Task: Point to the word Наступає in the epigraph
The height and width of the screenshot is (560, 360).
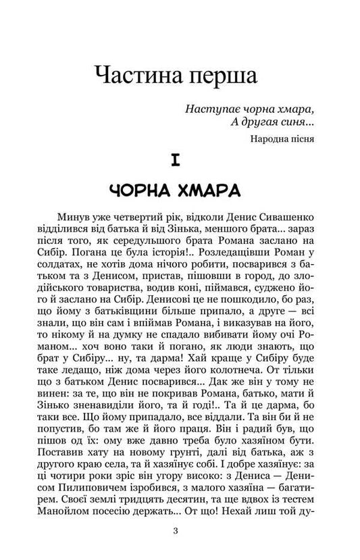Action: click(209, 109)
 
